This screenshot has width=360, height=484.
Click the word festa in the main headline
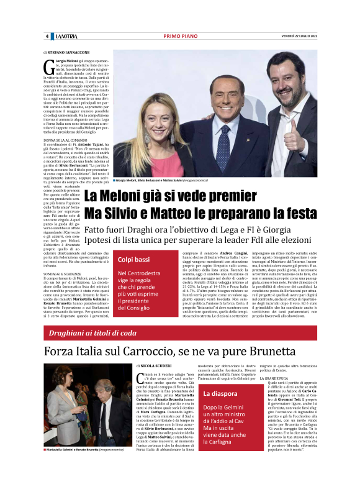(297, 214)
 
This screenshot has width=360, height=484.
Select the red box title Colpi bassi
(134, 259)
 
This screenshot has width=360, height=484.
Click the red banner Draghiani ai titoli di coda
(93, 333)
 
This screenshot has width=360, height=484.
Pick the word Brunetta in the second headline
(281, 354)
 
